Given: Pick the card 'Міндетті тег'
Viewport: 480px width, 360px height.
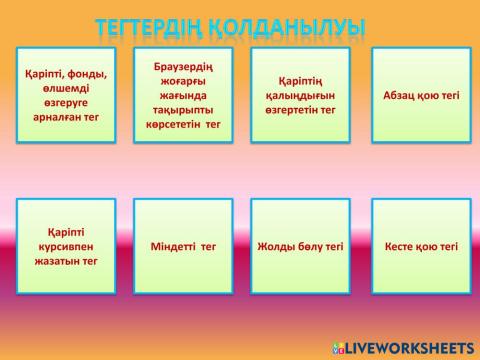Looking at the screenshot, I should pyautogui.click(x=183, y=246).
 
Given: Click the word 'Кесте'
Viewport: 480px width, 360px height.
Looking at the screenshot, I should pyautogui.click(x=404, y=246).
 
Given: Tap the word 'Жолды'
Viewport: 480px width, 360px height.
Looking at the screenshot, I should pyautogui.click(x=277, y=246).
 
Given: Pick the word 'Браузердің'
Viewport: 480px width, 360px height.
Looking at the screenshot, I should pyautogui.click(x=183, y=66).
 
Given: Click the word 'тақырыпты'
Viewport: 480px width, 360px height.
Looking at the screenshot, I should pyautogui.click(x=183, y=111).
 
